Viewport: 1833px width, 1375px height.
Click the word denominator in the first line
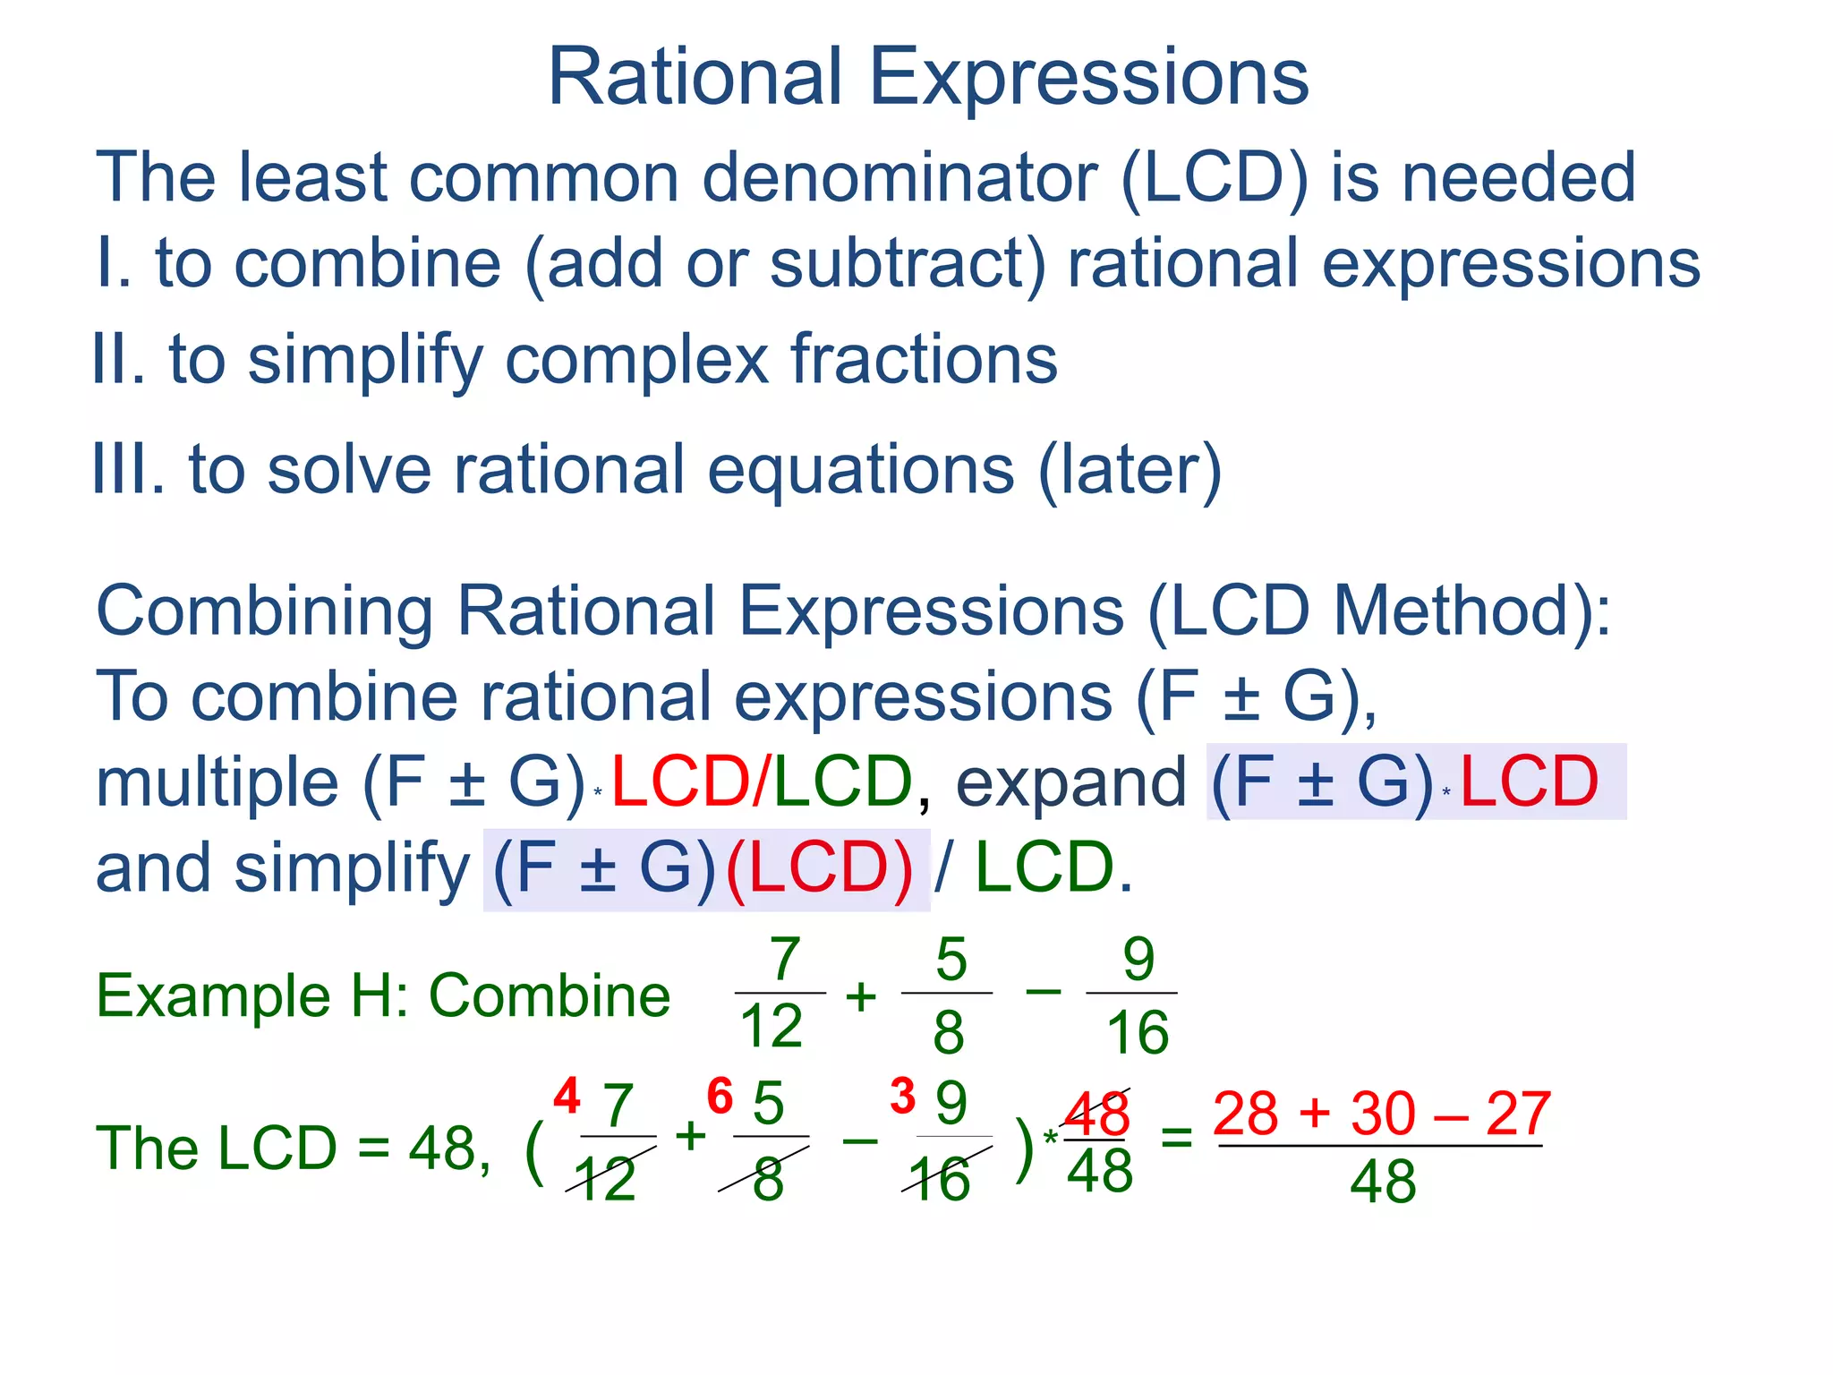pos(899,177)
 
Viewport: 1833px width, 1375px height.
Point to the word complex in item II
pos(636,360)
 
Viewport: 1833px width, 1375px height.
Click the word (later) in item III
pos(1130,469)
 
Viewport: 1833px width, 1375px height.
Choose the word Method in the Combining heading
pos(1461,611)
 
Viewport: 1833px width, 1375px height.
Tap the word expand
pos(1070,782)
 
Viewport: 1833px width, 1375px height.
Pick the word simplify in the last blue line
pos(351,868)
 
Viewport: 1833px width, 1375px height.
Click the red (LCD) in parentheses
pos(819,868)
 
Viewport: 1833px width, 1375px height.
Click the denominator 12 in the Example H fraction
pos(772,1026)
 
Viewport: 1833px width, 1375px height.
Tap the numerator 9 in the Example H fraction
pos(1138,960)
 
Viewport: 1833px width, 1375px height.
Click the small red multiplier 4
pos(567,1097)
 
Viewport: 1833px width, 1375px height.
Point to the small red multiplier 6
pos(720,1097)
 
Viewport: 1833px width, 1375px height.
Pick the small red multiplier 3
pos(902,1097)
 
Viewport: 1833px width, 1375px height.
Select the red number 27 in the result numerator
pos(1518,1115)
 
